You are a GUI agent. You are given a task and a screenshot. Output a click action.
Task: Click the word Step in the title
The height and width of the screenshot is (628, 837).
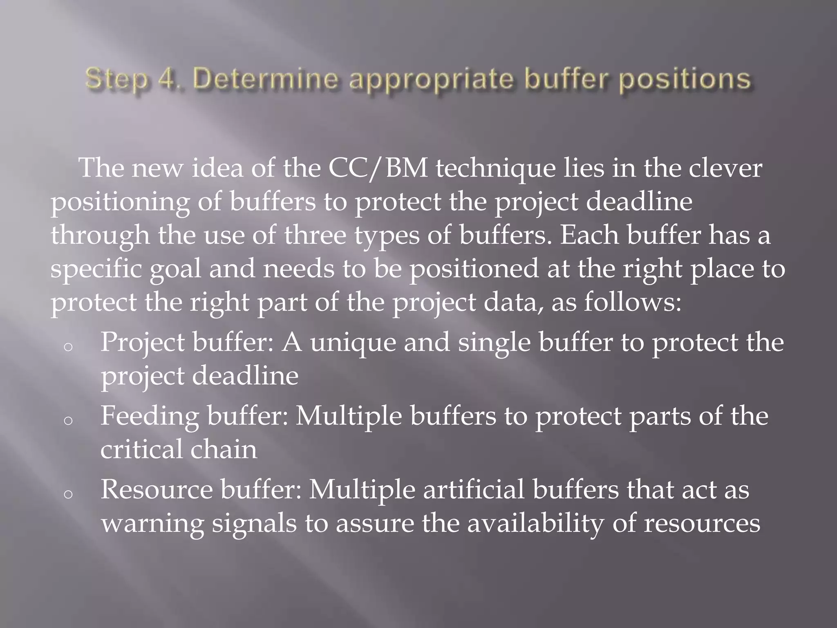(116, 79)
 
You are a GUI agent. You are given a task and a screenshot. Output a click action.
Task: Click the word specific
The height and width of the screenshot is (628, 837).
(96, 270)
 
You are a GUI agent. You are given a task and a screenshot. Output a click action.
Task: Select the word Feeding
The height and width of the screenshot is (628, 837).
(150, 416)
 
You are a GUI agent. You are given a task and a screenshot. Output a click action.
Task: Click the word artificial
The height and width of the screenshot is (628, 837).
(473, 490)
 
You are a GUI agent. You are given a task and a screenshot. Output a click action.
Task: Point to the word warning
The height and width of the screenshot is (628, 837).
(152, 524)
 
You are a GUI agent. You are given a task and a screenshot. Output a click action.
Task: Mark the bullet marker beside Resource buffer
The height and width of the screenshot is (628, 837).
(68, 494)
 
